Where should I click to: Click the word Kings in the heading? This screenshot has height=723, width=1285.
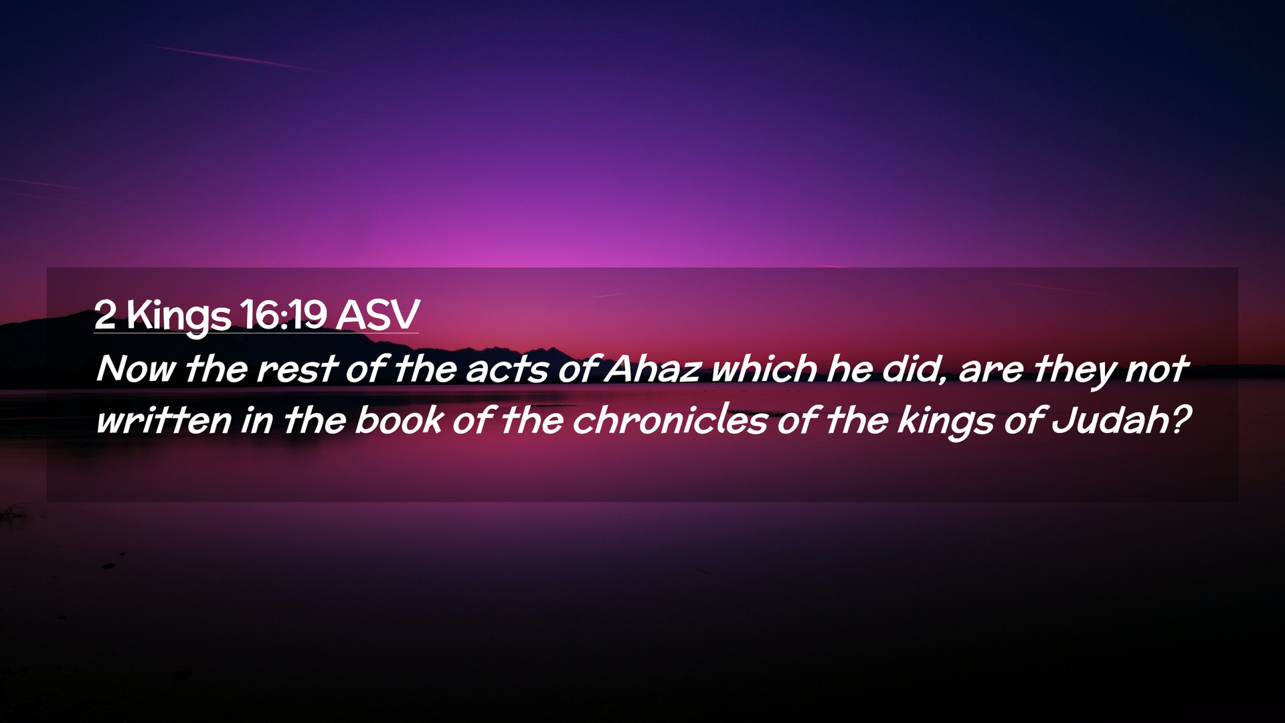click(x=179, y=315)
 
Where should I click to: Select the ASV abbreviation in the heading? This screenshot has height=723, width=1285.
click(x=378, y=314)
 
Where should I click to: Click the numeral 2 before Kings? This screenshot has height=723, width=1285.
click(x=105, y=314)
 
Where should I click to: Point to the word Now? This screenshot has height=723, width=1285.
click(x=137, y=369)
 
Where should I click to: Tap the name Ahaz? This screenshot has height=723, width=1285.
click(x=653, y=368)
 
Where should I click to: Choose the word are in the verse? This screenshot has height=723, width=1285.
click(x=991, y=371)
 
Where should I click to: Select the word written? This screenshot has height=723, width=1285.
click(x=164, y=420)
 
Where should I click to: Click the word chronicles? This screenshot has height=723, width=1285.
click(x=670, y=419)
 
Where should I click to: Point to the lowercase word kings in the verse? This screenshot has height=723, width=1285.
click(x=946, y=422)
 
